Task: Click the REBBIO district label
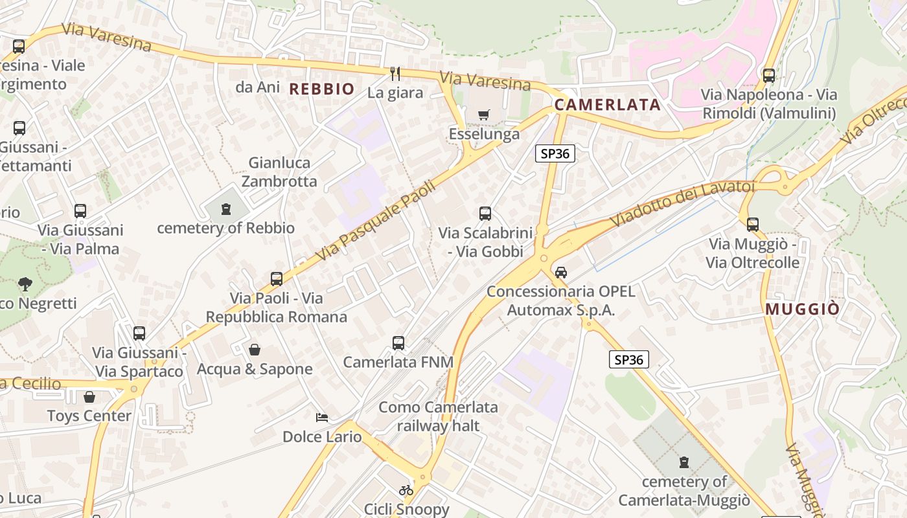pos(322,89)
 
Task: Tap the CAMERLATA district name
pos(607,105)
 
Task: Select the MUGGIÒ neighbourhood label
pos(802,309)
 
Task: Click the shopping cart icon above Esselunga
pos(483,115)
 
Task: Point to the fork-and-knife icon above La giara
pos(395,74)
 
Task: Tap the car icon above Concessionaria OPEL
pos(561,273)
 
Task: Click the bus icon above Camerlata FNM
pos(398,343)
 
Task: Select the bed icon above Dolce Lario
pos(322,418)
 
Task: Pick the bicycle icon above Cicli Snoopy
pos(406,490)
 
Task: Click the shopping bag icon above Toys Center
pos(89,396)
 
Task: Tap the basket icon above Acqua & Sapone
pos(255,350)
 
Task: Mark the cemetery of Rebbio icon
pos(225,209)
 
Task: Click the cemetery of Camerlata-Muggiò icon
pos(683,462)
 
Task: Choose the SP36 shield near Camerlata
pos(555,153)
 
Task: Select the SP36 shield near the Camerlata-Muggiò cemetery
pos(629,360)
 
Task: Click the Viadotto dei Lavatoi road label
pos(683,202)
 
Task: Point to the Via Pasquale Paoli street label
pos(376,221)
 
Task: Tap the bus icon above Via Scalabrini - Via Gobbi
pos(485,213)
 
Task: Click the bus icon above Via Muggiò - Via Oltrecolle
pos(752,225)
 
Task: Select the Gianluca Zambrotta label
pos(280,172)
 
